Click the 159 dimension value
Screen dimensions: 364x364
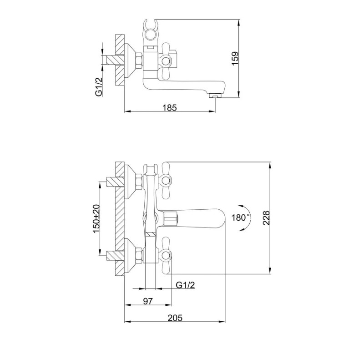pos(235,58)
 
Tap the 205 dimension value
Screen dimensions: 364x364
pos(176,318)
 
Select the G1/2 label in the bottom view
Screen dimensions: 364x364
pos(186,285)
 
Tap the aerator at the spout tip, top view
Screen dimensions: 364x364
pos(214,96)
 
